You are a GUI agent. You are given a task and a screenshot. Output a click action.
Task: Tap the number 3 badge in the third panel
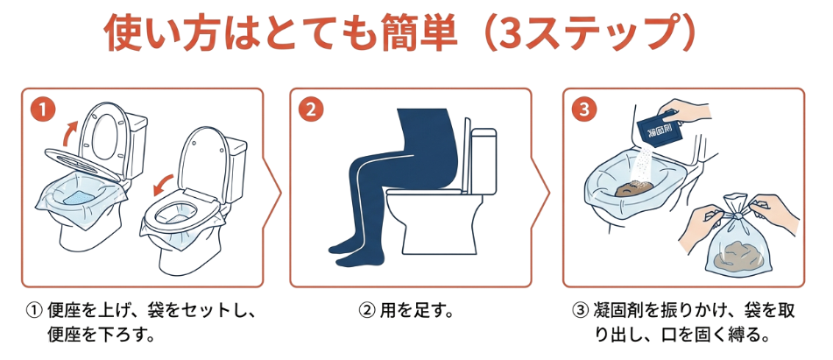[x=584, y=109]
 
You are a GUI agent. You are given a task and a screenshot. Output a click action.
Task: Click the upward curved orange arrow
[x=69, y=132]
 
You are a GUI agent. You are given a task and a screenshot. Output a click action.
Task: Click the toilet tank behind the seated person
[x=483, y=160]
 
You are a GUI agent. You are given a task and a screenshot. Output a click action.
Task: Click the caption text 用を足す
[x=416, y=310]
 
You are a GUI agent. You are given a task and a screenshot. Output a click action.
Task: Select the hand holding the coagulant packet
[x=684, y=111]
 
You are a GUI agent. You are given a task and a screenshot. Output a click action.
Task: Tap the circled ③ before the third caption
[x=578, y=311]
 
